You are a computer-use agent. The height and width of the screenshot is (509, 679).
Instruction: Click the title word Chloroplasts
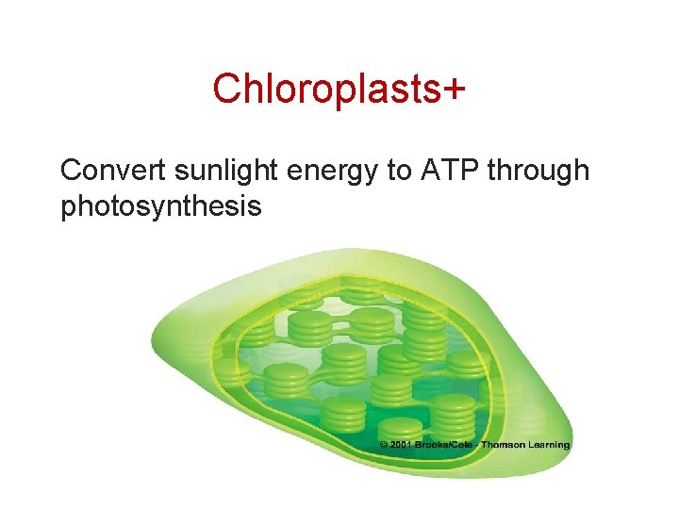point(325,89)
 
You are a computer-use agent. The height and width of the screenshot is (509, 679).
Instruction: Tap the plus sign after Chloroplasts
point(454,89)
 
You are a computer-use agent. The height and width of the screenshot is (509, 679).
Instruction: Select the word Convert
point(111,171)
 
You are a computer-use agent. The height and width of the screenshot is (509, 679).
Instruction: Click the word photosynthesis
point(160,205)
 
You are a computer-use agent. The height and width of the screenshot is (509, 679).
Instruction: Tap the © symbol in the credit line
point(384,445)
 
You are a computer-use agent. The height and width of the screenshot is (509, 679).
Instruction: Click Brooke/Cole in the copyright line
point(445,445)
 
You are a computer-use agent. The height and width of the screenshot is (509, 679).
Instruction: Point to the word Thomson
point(506,445)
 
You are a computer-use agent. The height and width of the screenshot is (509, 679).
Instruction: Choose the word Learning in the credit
point(552,445)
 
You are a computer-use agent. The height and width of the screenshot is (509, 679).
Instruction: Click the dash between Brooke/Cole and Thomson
point(479,445)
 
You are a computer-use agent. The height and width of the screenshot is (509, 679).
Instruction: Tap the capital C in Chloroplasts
point(224,89)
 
